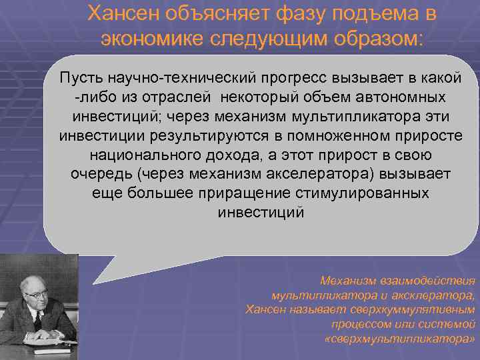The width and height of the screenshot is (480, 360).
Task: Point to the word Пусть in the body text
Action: click(x=81, y=78)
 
